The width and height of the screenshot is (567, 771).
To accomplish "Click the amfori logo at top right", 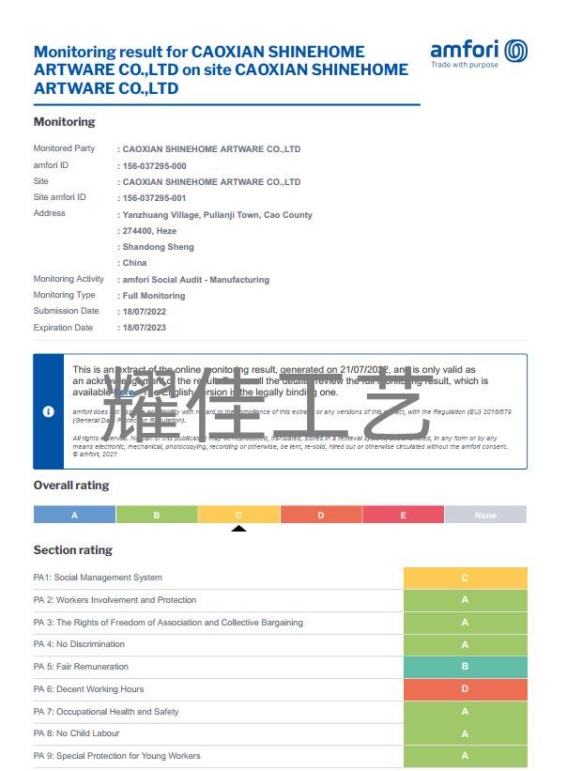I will (479, 53).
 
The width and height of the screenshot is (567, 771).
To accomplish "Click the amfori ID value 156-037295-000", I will (154, 166).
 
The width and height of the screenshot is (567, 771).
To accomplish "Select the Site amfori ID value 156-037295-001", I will (154, 198).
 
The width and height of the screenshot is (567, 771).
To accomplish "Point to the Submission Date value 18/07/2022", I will (143, 312).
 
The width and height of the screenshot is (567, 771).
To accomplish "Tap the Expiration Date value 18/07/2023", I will (143, 329).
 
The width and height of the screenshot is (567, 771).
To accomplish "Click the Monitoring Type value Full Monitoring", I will (154, 296).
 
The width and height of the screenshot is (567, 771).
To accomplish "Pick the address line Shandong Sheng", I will (158, 247).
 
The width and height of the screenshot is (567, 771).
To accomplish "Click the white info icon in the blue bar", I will (49, 411).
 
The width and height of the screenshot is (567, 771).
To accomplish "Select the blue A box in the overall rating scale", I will (74, 515).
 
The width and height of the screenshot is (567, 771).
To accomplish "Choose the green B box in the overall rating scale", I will (157, 515).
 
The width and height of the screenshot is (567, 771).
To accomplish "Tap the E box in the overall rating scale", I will (403, 515).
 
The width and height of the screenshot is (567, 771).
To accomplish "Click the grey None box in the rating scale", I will (485, 515).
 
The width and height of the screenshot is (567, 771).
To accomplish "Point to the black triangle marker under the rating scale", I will (238, 528).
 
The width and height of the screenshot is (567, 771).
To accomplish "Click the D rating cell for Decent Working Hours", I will (465, 689).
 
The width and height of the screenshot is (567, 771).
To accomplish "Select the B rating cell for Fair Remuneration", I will (465, 667).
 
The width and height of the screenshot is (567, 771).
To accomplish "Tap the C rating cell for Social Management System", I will (465, 578).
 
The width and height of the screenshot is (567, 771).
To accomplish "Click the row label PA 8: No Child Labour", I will (76, 733).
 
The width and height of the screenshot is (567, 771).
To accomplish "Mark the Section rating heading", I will (72, 550).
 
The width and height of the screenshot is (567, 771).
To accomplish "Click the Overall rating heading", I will (71, 486).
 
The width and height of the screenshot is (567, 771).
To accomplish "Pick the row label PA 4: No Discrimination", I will (79, 644).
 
